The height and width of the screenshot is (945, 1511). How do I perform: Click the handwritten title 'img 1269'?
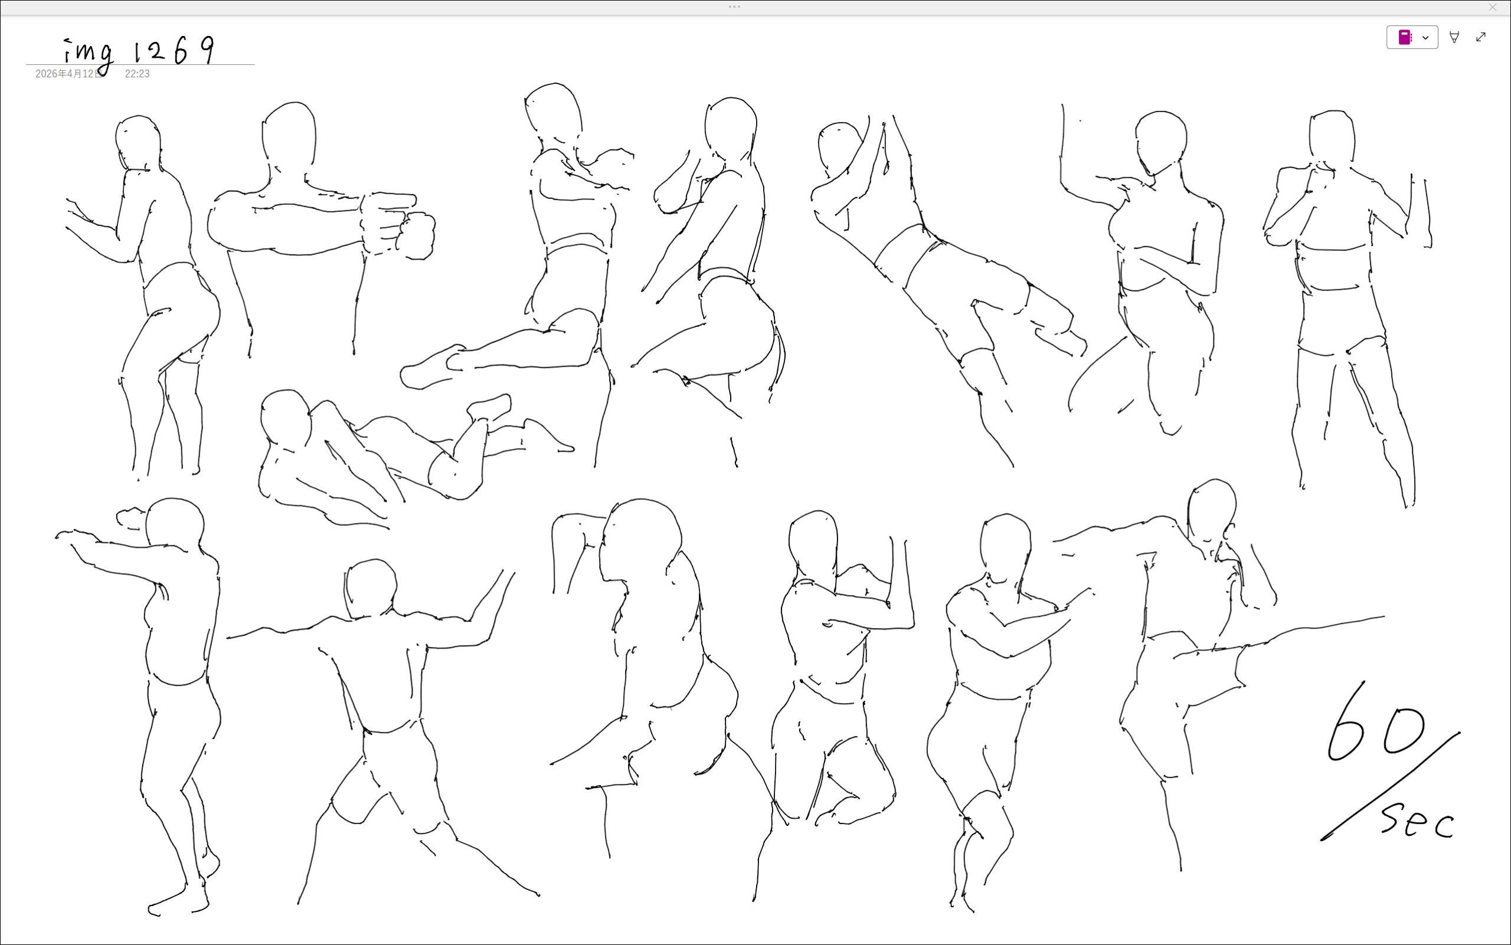[x=140, y=53]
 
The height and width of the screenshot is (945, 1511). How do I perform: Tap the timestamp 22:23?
[x=137, y=74]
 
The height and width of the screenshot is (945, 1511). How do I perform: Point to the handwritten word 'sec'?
[x=1417, y=820]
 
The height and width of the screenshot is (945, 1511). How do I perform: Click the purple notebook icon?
[x=1404, y=38]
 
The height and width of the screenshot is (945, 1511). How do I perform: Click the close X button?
[x=1493, y=8]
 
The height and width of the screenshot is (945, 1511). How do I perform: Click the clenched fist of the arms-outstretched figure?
[x=416, y=236]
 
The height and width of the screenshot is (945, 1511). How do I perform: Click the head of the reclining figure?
[x=286, y=416]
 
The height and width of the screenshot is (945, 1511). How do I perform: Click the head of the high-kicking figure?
[x=1212, y=511]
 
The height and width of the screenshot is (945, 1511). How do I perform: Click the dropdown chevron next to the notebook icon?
[x=1425, y=38]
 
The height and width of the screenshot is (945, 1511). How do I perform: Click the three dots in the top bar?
[x=734, y=7]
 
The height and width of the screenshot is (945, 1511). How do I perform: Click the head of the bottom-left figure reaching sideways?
[x=174, y=525]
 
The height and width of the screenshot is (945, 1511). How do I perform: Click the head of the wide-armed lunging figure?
[x=371, y=587]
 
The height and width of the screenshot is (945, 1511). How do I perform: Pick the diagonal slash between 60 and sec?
[x=1391, y=786]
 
